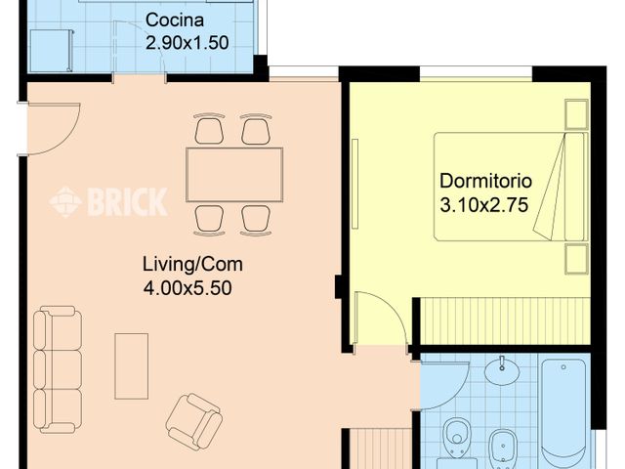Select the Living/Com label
pyautogui.click(x=192, y=264)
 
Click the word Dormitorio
pyautogui.click(x=485, y=181)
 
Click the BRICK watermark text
pyautogui.click(x=127, y=201)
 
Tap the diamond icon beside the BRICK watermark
pyautogui.click(x=66, y=201)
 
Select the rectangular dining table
pyautogui.click(x=234, y=174)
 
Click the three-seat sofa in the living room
pyautogui.click(x=58, y=369)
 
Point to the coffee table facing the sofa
pyautogui.click(x=131, y=365)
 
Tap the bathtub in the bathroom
pyautogui.click(x=564, y=410)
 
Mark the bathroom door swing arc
pyautogui.click(x=444, y=383)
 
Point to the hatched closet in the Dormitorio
pyautogui.click(x=503, y=320)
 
